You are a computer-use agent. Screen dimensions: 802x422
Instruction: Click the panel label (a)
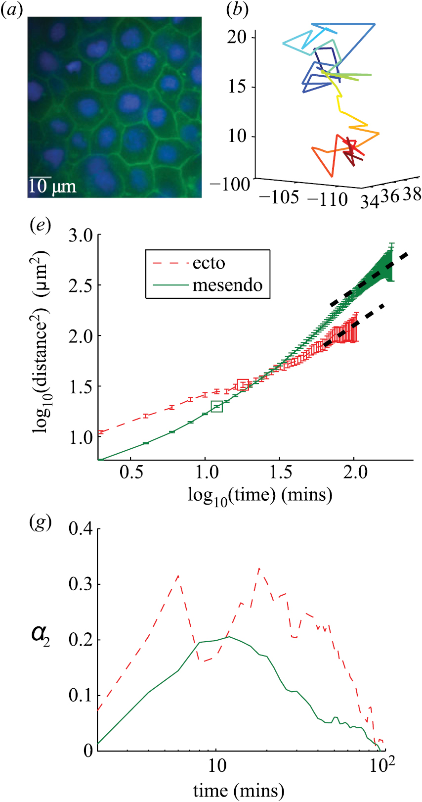point(12,10)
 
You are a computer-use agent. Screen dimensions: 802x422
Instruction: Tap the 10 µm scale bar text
point(52,186)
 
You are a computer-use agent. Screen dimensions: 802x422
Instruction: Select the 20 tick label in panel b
point(237,37)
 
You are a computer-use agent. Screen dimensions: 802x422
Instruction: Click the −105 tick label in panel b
point(278,197)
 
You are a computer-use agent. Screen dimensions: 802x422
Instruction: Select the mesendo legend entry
point(227,285)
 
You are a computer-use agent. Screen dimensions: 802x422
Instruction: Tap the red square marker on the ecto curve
point(243,384)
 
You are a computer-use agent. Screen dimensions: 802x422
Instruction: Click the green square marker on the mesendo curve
point(217,406)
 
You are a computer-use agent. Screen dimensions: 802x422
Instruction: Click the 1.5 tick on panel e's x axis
point(281,472)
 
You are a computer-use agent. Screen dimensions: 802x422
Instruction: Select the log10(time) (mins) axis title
point(260,495)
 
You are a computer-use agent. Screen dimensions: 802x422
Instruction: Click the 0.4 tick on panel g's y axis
point(81,529)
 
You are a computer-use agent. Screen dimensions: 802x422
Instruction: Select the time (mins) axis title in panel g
point(239,790)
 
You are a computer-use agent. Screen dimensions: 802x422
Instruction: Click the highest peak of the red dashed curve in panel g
point(259,568)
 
